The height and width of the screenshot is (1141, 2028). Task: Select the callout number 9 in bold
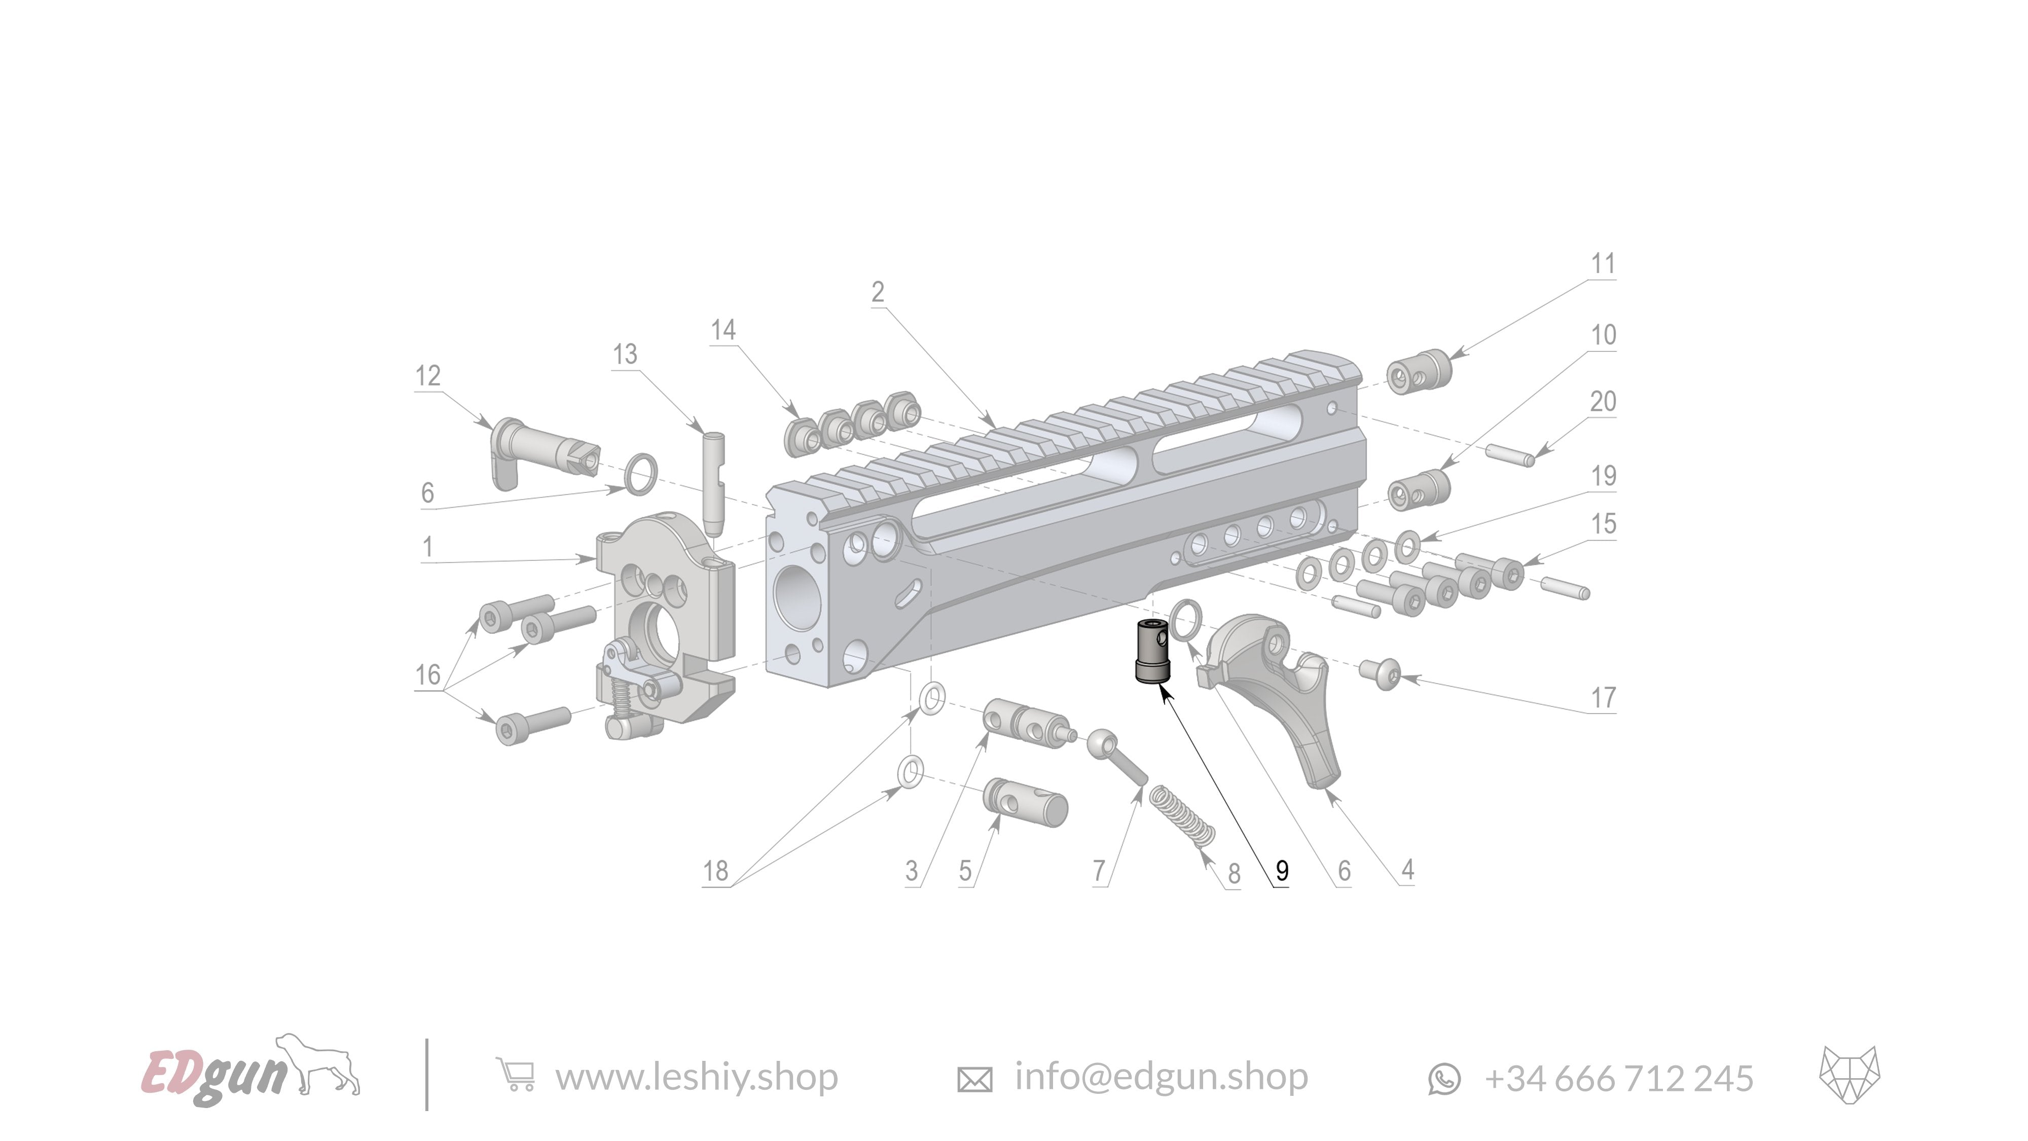(1282, 871)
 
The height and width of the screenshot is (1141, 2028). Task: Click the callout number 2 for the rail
(878, 292)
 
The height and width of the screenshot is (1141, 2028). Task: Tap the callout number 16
(427, 675)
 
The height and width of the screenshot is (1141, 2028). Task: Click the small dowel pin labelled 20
(1510, 455)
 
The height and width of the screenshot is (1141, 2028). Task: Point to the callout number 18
(715, 871)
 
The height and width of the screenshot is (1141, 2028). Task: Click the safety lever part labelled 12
(543, 453)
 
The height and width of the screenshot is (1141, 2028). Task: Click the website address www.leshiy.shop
(696, 1077)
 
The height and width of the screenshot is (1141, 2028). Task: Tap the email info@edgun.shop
(1161, 1077)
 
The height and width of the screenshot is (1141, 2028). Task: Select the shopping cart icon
(516, 1076)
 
